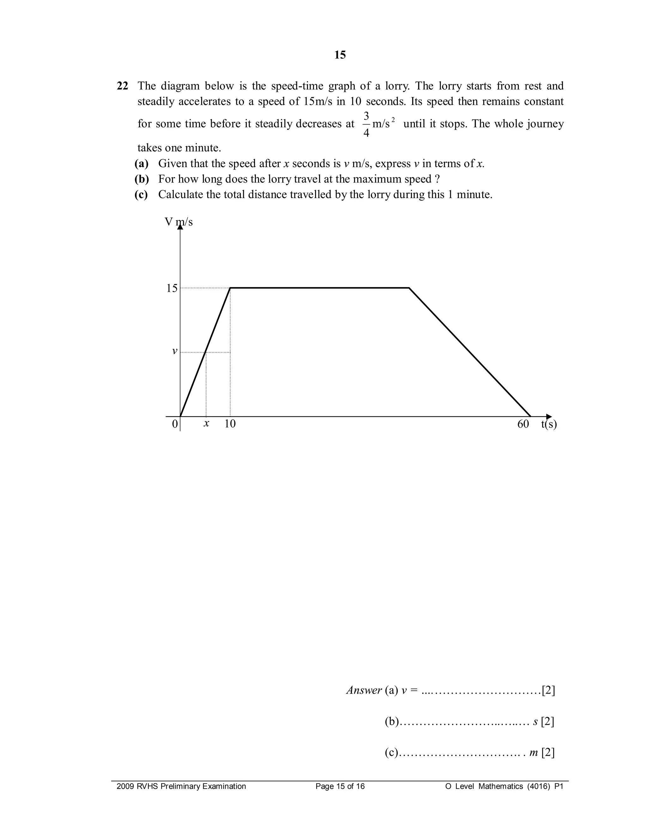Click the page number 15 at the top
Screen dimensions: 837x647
(x=340, y=55)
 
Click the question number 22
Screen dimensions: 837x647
(x=122, y=86)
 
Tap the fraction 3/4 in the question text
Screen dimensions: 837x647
(x=366, y=124)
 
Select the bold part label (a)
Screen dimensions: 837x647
(x=142, y=164)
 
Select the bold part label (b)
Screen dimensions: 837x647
(x=142, y=179)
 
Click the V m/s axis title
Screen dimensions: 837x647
(x=178, y=222)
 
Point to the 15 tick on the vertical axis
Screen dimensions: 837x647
(x=172, y=288)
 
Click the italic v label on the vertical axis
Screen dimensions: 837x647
(x=174, y=351)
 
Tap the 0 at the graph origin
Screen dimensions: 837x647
(x=175, y=424)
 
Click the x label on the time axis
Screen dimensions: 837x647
(x=207, y=424)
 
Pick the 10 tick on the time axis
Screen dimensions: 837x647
(x=230, y=424)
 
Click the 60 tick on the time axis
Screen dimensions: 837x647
(x=523, y=424)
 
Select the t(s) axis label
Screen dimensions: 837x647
(x=549, y=424)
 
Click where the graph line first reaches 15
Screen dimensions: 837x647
(x=230, y=288)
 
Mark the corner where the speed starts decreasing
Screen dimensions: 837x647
(x=409, y=288)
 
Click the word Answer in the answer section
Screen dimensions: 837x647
(x=364, y=690)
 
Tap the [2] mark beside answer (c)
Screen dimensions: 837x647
(x=548, y=753)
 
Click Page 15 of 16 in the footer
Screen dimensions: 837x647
(x=340, y=787)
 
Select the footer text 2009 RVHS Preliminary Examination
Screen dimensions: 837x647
(x=181, y=787)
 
